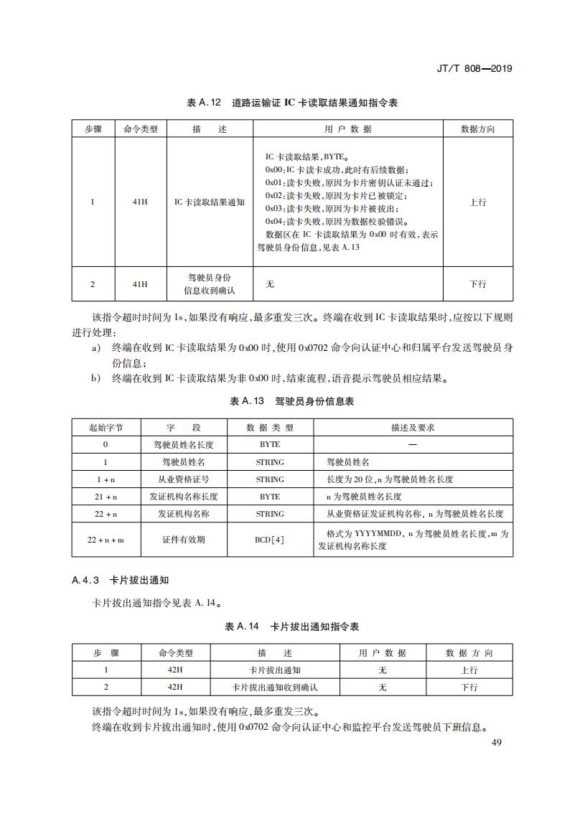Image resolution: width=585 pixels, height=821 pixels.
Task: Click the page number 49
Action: (x=496, y=741)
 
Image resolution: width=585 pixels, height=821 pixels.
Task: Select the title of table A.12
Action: (x=292, y=103)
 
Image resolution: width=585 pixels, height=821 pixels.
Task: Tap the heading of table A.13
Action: (x=292, y=401)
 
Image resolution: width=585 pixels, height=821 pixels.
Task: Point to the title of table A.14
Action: (x=292, y=627)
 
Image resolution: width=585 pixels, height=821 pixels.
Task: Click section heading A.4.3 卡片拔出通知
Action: (x=120, y=580)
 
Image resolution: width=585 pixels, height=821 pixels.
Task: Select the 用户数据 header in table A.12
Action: (x=348, y=129)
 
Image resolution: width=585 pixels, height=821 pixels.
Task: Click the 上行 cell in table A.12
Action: (x=477, y=202)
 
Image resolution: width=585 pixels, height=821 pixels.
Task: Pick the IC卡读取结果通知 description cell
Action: (x=210, y=202)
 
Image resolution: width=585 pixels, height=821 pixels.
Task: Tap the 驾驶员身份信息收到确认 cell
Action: (x=210, y=284)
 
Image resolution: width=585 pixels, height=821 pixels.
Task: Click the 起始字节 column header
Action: (x=106, y=427)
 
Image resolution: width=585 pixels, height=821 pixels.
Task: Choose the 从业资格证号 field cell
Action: (x=183, y=479)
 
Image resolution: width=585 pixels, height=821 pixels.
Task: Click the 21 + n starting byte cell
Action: (x=106, y=497)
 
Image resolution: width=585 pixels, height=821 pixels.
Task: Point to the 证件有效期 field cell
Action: (x=183, y=540)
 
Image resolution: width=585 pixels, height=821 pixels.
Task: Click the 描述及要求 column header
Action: (x=413, y=427)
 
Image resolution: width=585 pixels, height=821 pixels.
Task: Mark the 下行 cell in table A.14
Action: (x=469, y=688)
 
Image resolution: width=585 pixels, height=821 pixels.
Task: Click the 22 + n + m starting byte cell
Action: (x=106, y=540)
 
